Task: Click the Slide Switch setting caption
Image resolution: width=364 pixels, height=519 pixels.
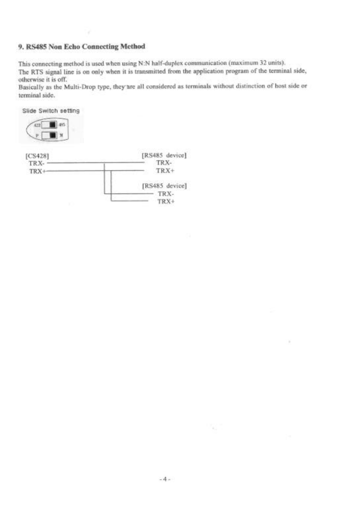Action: coord(51,111)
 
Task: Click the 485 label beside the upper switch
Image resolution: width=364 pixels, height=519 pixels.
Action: coord(63,125)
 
